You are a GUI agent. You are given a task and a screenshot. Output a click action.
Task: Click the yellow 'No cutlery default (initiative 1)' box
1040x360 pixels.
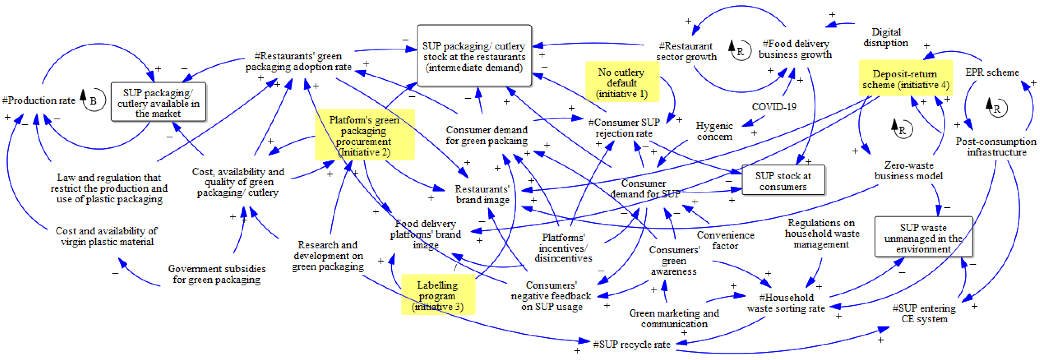[x=622, y=83]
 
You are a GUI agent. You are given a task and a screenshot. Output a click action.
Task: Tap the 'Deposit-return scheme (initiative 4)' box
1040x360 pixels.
[x=905, y=79]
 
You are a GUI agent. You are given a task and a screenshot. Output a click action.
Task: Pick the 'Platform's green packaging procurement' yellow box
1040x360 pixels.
[x=364, y=136]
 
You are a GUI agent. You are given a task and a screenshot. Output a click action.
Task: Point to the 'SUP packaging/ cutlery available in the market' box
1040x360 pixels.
[x=158, y=103]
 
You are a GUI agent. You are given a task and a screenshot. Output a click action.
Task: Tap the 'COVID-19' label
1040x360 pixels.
[x=774, y=107]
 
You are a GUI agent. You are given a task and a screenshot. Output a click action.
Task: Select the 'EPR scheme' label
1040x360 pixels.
[x=992, y=72]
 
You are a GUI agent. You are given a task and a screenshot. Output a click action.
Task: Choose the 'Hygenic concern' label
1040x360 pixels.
[x=714, y=131]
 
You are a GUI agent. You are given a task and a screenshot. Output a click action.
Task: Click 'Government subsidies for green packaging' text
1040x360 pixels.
[x=217, y=274]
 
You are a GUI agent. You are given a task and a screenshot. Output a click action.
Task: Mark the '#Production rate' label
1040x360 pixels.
[x=39, y=100]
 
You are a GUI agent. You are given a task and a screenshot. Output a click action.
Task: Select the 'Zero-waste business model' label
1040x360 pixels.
[x=908, y=170]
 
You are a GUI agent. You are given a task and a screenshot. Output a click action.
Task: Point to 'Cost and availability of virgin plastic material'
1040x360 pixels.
[x=107, y=236]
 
